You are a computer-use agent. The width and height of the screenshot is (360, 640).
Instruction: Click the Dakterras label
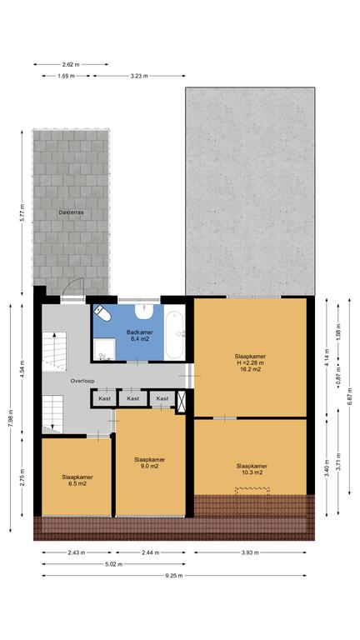click(71, 212)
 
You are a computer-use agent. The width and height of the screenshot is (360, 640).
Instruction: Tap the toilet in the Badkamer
click(102, 313)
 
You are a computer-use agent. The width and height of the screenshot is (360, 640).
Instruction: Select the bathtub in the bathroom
click(175, 336)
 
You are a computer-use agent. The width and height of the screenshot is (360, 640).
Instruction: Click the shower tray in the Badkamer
click(103, 350)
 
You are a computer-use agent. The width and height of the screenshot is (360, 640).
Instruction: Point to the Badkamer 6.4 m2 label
click(140, 335)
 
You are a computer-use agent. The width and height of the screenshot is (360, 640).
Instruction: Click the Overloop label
click(82, 381)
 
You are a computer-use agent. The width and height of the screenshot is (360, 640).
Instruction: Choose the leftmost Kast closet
click(104, 398)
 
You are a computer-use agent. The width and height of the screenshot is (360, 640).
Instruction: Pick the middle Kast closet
click(133, 398)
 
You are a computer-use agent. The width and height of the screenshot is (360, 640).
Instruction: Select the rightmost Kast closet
click(162, 398)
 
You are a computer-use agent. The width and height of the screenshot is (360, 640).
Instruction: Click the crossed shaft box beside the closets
click(181, 400)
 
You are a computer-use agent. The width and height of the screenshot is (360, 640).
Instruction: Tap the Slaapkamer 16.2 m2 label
click(250, 362)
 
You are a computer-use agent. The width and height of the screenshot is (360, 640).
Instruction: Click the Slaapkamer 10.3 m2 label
click(252, 469)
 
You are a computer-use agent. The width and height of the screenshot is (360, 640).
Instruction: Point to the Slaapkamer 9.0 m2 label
click(150, 462)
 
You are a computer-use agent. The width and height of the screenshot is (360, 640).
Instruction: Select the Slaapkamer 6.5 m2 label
click(77, 480)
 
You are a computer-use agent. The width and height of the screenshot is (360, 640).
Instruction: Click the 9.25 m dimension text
click(174, 576)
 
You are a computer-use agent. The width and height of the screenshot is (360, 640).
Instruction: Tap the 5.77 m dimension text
click(22, 212)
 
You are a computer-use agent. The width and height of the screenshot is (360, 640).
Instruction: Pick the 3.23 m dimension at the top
click(139, 76)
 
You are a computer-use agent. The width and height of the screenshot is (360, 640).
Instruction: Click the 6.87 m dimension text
click(349, 397)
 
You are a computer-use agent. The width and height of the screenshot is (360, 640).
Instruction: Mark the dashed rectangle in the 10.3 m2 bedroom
click(252, 492)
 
